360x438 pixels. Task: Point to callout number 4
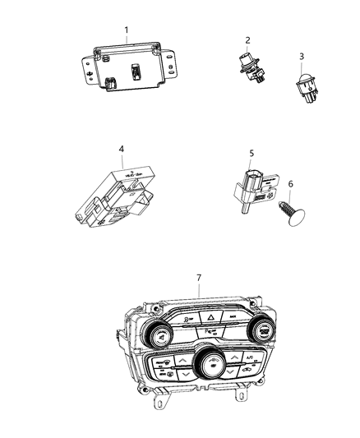pos(121,149)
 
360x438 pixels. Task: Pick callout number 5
pos(252,152)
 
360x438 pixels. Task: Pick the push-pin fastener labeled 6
pos(288,214)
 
